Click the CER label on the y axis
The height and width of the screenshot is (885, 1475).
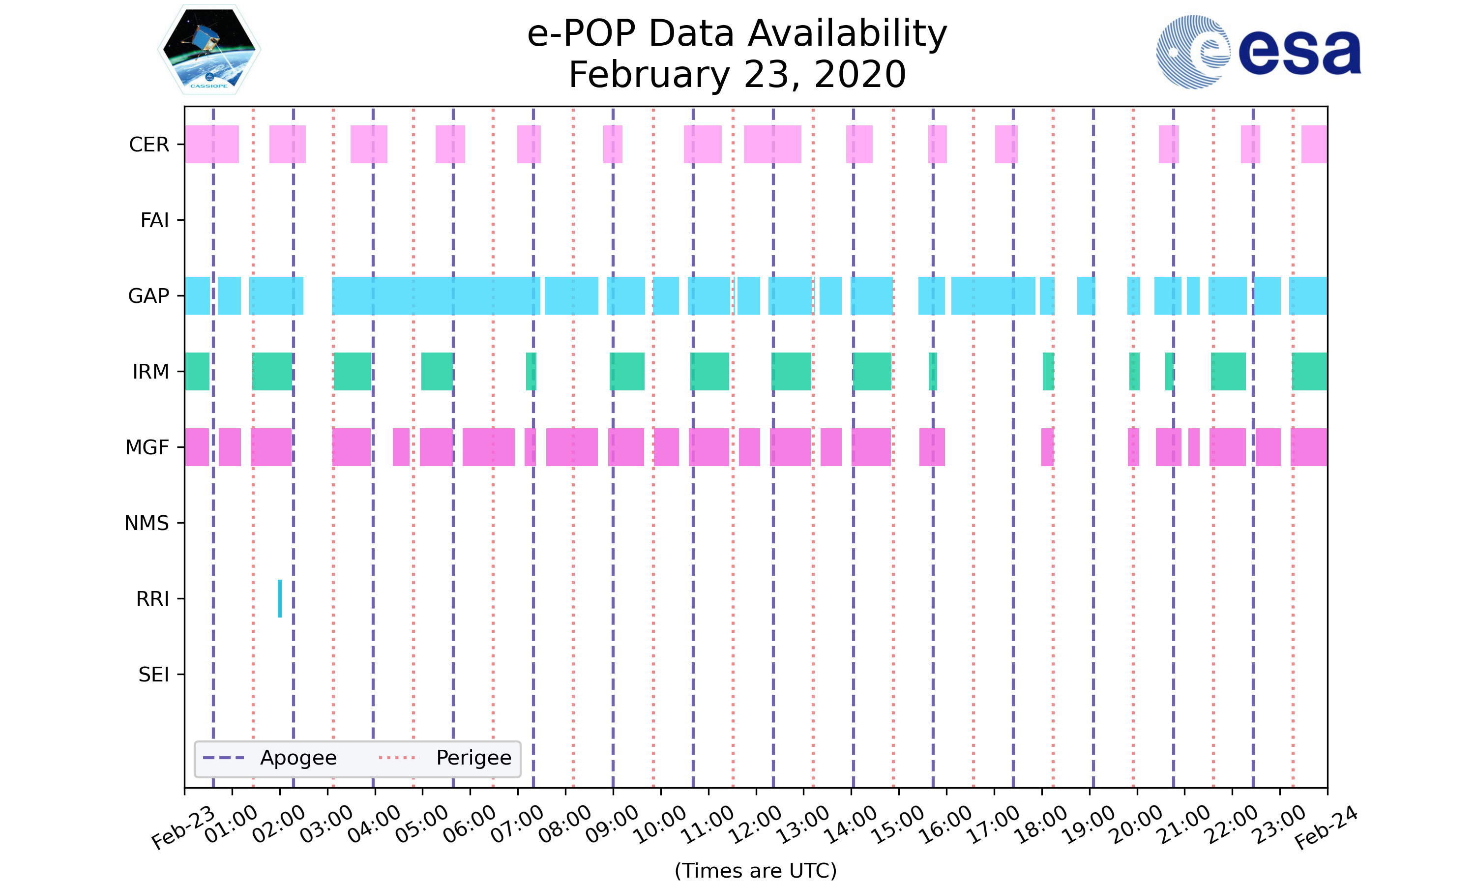(149, 145)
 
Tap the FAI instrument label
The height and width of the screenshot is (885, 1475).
(154, 221)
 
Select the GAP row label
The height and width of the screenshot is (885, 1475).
(148, 296)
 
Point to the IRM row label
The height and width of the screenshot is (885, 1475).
(150, 372)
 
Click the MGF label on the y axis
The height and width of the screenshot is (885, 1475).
(147, 447)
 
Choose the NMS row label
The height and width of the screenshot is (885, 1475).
(146, 523)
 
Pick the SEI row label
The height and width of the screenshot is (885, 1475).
(153, 675)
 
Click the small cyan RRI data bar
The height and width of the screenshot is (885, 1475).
(280, 598)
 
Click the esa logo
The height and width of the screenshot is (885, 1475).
(1258, 52)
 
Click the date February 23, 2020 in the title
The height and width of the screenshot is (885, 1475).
(737, 75)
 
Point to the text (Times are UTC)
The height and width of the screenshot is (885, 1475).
(755, 871)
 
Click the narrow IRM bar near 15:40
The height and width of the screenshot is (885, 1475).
(933, 372)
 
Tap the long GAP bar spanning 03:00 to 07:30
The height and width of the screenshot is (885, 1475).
(436, 296)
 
